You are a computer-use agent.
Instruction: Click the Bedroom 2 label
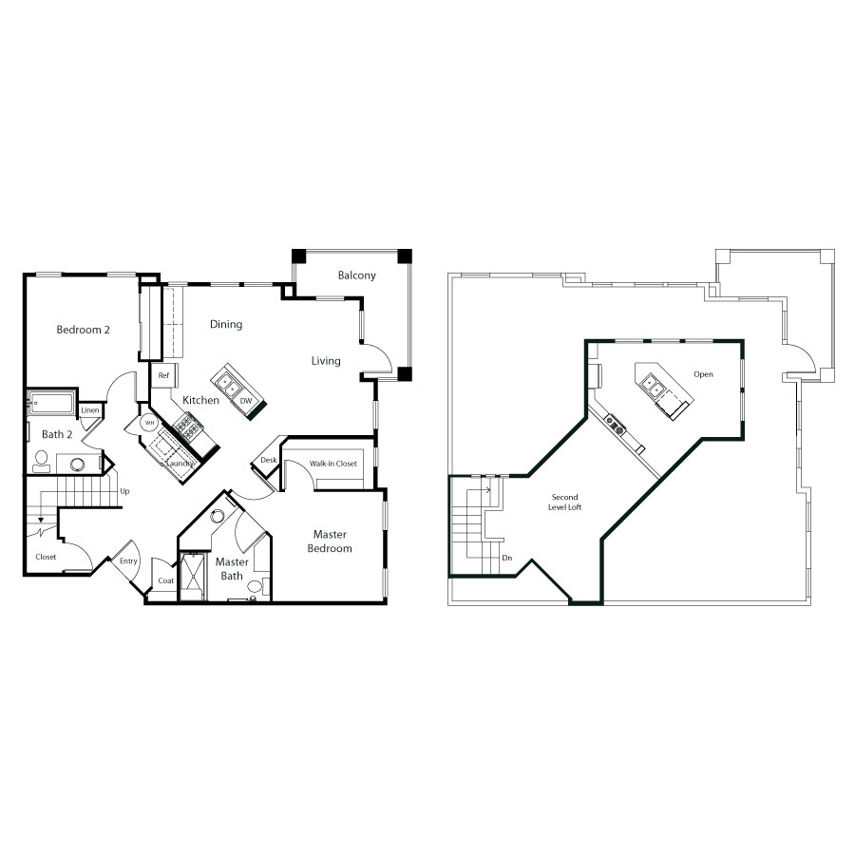click(83, 330)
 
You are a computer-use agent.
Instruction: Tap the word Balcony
click(356, 275)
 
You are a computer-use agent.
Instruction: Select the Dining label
click(226, 325)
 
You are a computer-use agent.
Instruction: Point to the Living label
click(326, 361)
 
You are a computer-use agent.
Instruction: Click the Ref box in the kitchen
click(163, 375)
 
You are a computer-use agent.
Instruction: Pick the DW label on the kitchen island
click(246, 401)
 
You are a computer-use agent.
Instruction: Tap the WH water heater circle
click(149, 423)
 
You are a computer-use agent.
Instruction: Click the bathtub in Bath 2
click(51, 403)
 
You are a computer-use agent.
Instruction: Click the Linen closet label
click(90, 410)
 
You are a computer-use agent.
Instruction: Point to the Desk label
click(268, 460)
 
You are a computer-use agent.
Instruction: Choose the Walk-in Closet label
click(333, 464)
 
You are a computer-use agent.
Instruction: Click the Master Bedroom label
click(330, 541)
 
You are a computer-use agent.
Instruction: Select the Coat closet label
click(165, 580)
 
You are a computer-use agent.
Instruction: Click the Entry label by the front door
click(128, 561)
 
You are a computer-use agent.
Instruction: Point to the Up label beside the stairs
click(124, 491)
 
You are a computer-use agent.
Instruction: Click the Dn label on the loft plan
click(507, 558)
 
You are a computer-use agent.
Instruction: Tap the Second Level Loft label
click(565, 503)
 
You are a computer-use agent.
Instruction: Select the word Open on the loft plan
click(703, 374)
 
